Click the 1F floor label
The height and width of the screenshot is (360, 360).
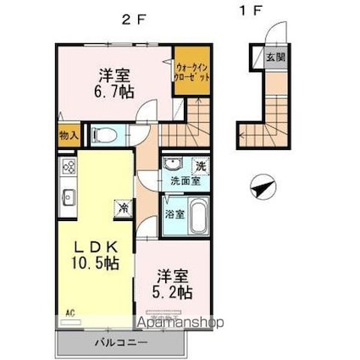click(246, 11)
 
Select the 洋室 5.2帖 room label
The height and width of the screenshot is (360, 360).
click(173, 284)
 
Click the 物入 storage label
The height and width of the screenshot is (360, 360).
click(69, 135)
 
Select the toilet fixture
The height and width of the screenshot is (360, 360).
click(107, 134)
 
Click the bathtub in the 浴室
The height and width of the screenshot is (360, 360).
click(197, 217)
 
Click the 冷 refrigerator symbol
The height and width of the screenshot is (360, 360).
click(123, 207)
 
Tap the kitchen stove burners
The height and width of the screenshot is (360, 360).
click(68, 167)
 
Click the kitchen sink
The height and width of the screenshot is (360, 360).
click(68, 198)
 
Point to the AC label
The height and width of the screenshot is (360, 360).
click(70, 313)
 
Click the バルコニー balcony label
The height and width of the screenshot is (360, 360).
click(120, 342)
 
